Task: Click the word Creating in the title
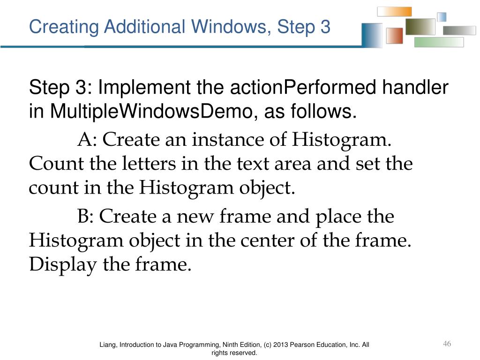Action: (x=64, y=27)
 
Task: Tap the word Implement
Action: (x=144, y=88)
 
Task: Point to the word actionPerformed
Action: (x=303, y=88)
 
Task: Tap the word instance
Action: (x=228, y=140)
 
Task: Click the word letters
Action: (x=149, y=163)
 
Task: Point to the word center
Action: (x=267, y=240)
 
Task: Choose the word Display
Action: (x=63, y=265)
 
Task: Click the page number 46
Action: (x=447, y=344)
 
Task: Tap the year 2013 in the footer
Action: (x=280, y=345)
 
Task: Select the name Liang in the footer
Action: (x=108, y=345)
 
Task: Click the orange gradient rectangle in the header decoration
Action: (x=394, y=12)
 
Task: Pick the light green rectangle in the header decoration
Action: (x=439, y=42)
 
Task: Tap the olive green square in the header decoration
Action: (x=420, y=27)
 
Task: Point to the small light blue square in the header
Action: (x=442, y=17)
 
